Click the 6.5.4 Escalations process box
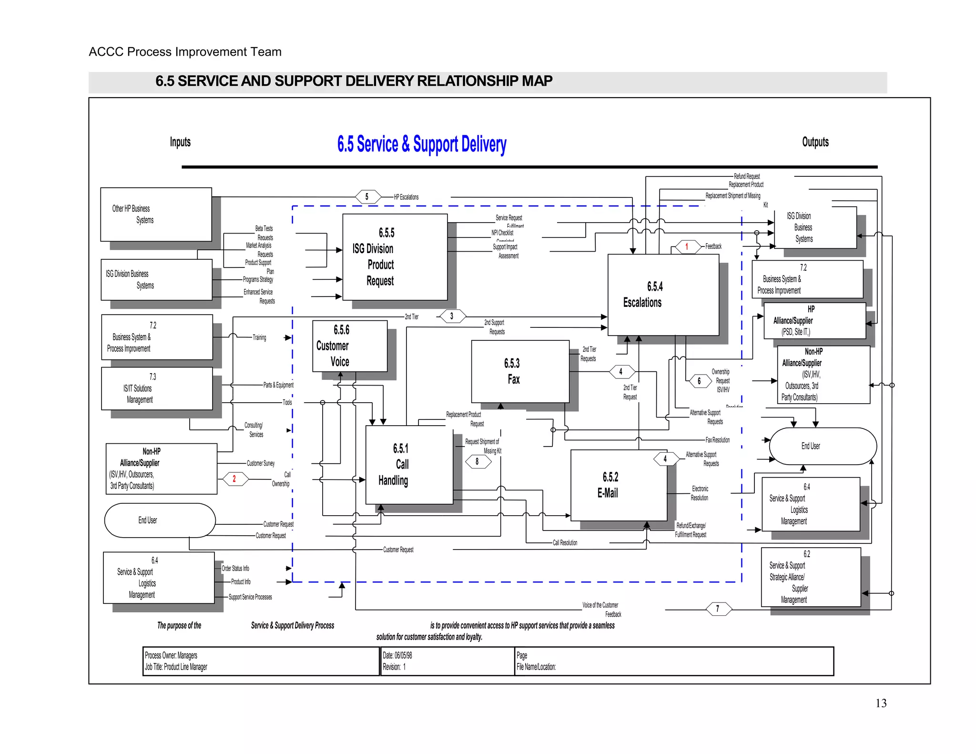[663, 295]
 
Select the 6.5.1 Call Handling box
[409, 464]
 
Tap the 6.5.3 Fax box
[520, 371]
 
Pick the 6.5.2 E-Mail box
[619, 485]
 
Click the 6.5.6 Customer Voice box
[349, 346]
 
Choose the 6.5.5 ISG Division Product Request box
[395, 257]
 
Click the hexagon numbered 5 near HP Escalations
[367, 196]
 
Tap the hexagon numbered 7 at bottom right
[718, 609]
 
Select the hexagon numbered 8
[478, 461]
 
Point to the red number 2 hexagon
[234, 479]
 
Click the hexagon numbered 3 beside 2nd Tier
[452, 316]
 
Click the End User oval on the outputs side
[823, 446]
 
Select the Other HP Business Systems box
[156, 214]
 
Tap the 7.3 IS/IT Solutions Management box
[157, 388]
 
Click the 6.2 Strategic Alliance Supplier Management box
[811, 577]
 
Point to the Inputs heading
[180, 142]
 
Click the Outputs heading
[815, 142]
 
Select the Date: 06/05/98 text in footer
[397, 655]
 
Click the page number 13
[881, 703]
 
